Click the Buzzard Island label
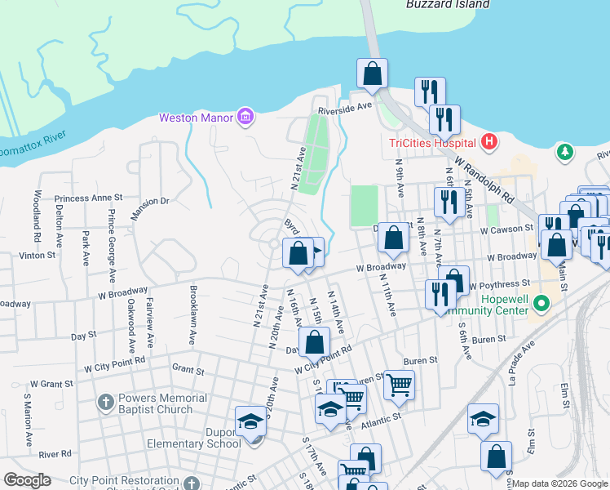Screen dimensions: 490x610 coord(448,4)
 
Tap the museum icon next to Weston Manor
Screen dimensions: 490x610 coord(244,118)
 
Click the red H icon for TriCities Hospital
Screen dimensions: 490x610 coord(488,143)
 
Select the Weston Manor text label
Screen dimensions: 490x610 coord(195,118)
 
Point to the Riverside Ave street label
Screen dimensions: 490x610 coord(345,106)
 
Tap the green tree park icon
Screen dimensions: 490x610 coord(564,152)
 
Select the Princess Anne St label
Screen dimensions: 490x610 coord(88,198)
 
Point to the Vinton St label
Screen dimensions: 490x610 coord(38,255)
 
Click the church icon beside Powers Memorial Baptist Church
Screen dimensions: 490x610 coord(105,401)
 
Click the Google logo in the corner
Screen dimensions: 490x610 coord(27,480)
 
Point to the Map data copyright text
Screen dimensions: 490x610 coord(559,483)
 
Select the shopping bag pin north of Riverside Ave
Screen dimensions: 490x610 coord(372,73)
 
